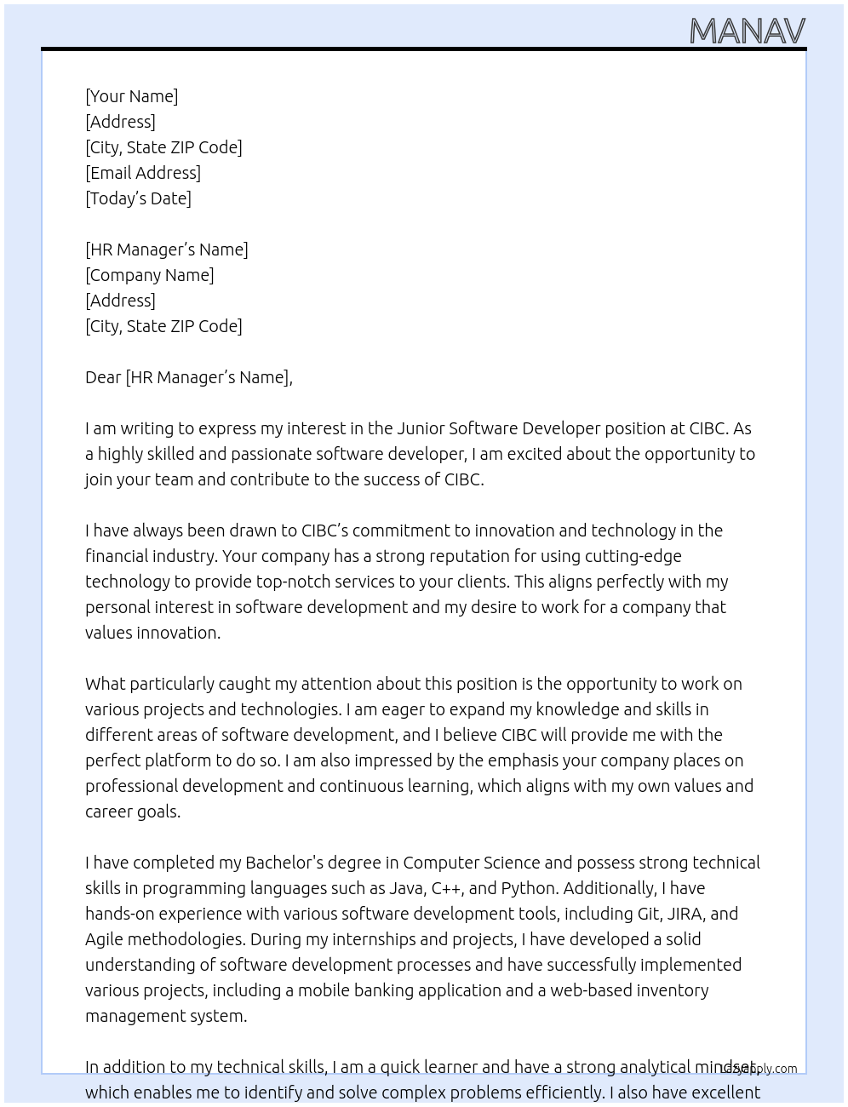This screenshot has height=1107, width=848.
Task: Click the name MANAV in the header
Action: pos(747,32)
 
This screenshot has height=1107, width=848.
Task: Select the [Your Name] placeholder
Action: pos(132,96)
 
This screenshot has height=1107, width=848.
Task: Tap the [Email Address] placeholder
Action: pos(143,173)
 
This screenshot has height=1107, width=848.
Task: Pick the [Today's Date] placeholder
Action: pos(138,198)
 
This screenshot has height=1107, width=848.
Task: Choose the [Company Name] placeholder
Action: pos(150,275)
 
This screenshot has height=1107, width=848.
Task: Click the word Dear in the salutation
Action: pos(103,377)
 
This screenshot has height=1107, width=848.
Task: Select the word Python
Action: pos(528,888)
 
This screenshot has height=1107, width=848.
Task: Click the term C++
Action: pos(447,888)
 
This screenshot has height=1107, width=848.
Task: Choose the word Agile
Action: pos(106,939)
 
